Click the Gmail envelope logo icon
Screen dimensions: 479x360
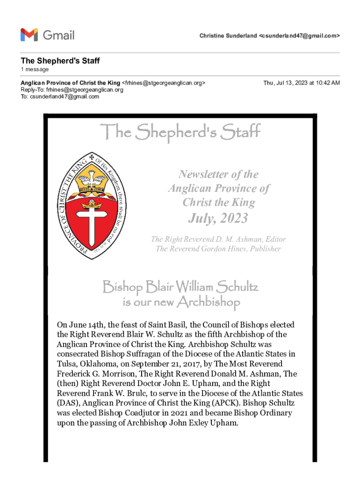pyautogui.click(x=29, y=35)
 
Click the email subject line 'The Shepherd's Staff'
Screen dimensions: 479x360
pyautogui.click(x=60, y=61)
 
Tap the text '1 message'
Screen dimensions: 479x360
pyautogui.click(x=35, y=69)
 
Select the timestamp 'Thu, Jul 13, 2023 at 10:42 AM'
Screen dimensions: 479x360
pyautogui.click(x=302, y=83)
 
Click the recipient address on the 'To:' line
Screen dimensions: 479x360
pyautogui.click(x=65, y=96)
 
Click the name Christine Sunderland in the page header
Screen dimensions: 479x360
pyautogui.click(x=228, y=36)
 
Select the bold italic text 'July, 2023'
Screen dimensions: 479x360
pyautogui.click(x=218, y=218)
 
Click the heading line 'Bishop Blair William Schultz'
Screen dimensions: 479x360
pyautogui.click(x=180, y=286)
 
